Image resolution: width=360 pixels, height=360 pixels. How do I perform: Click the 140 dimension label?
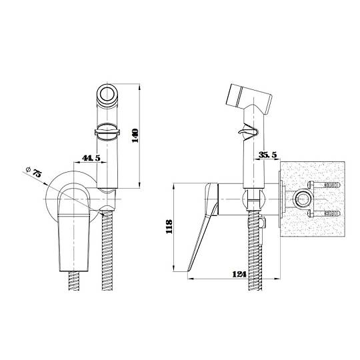coord(136,136)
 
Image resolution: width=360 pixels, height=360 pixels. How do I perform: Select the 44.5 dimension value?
coord(91,158)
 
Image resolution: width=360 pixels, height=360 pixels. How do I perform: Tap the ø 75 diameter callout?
coord(34,172)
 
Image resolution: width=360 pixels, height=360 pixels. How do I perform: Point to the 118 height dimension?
coord(169,227)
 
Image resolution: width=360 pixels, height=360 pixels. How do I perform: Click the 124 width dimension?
coord(239,274)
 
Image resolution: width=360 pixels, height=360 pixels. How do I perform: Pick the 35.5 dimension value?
coord(268,155)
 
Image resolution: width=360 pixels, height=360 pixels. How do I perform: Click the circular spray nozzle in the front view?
coord(107,94)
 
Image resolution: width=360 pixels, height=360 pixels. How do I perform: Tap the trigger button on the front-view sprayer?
coord(107,132)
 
